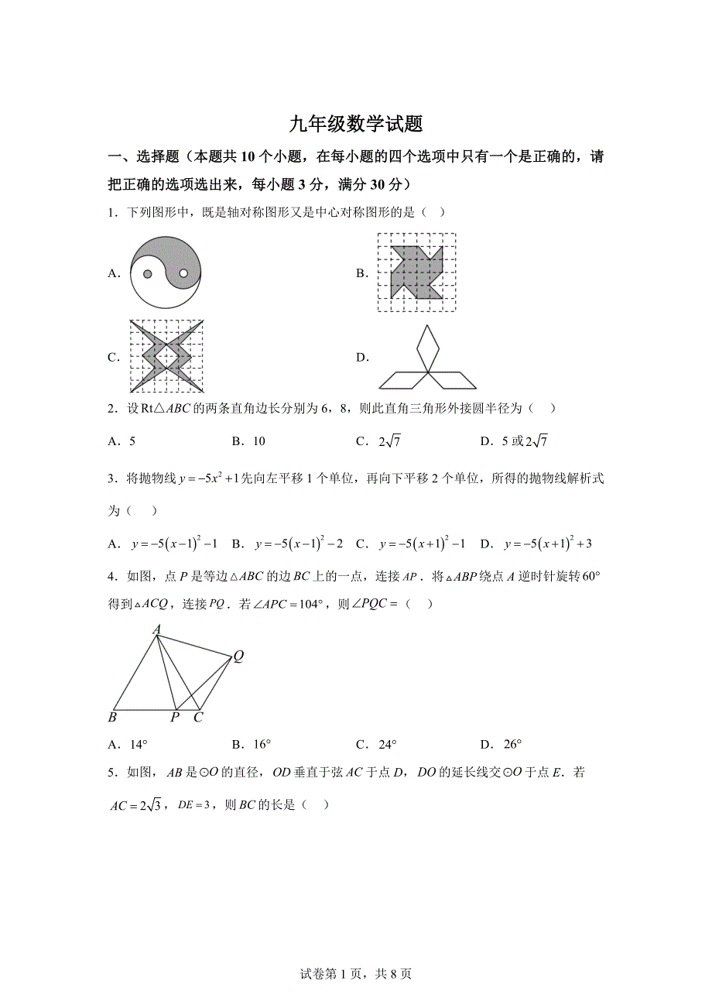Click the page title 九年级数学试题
355,124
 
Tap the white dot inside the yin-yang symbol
183,273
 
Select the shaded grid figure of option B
416,273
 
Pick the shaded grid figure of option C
166,357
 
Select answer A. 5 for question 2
122,441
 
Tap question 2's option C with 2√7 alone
377,441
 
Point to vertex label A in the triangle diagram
156,630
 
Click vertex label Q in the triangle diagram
238,657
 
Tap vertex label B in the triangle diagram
113,718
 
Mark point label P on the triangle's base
175,718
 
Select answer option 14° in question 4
128,745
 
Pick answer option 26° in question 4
501,745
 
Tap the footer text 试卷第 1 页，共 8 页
355,974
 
